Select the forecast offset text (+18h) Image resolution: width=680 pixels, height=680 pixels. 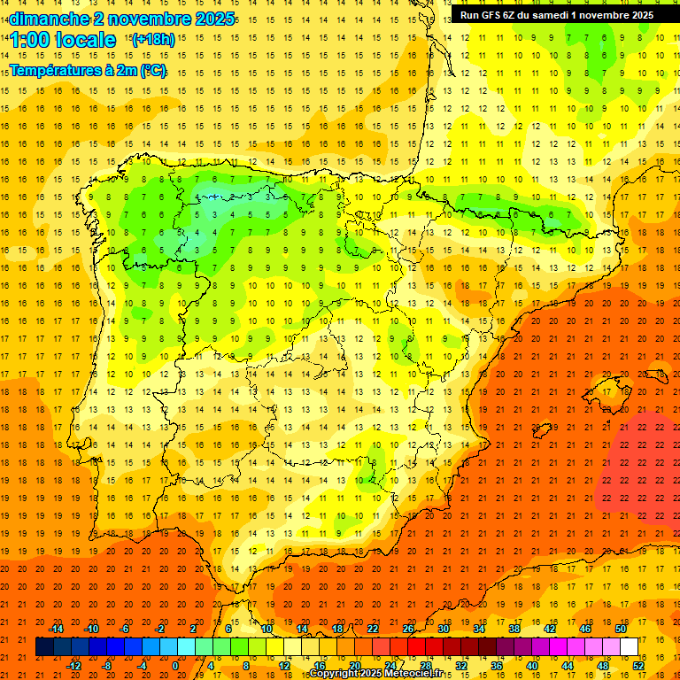[152, 39]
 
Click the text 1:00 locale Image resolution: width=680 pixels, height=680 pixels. [63, 40]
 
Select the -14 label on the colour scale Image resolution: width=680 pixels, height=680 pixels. [57, 629]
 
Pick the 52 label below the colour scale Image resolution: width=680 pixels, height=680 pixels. [638, 666]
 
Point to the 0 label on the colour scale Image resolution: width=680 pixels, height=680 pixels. [174, 666]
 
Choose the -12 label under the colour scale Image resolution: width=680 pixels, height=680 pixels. [73, 666]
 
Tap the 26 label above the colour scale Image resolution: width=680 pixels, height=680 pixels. [408, 629]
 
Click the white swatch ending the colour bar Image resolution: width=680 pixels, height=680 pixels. [629, 647]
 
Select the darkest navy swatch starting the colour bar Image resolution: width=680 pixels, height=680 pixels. [44, 647]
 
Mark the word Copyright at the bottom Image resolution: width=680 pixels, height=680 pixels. [334, 674]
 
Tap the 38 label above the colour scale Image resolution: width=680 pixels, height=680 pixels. [514, 629]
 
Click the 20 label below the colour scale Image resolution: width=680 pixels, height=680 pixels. [354, 666]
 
